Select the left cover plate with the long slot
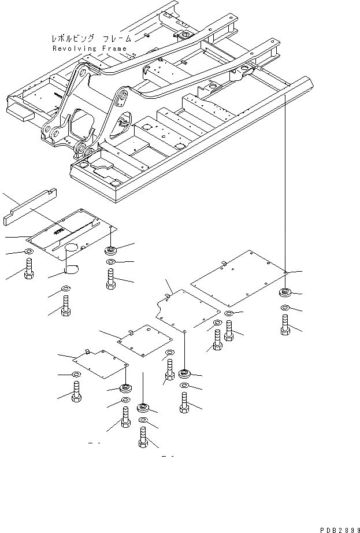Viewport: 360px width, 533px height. [x=72, y=237]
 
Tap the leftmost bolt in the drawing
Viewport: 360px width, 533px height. [x=29, y=269]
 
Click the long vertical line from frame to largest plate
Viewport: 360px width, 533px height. [x=287, y=185]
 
